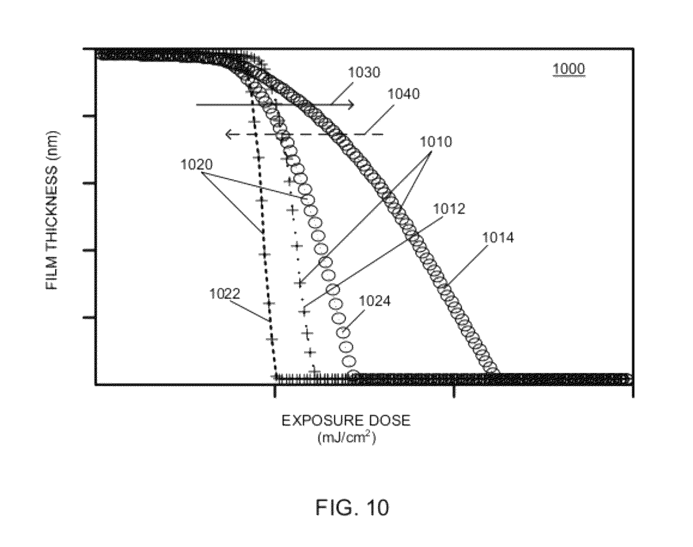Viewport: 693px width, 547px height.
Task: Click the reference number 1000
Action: click(569, 69)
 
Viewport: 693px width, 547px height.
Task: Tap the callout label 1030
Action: click(364, 72)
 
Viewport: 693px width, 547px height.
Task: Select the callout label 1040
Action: click(404, 94)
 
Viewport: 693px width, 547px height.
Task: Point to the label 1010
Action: click(436, 142)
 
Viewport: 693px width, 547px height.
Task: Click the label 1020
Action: click(196, 165)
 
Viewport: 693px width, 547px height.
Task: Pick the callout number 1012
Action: click(449, 209)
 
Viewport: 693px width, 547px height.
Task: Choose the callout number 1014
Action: click(497, 238)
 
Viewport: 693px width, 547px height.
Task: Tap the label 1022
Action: click(225, 294)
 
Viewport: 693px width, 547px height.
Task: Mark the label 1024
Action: click(375, 301)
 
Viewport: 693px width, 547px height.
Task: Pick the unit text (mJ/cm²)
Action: click(346, 438)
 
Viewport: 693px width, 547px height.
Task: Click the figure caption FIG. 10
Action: click(352, 508)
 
